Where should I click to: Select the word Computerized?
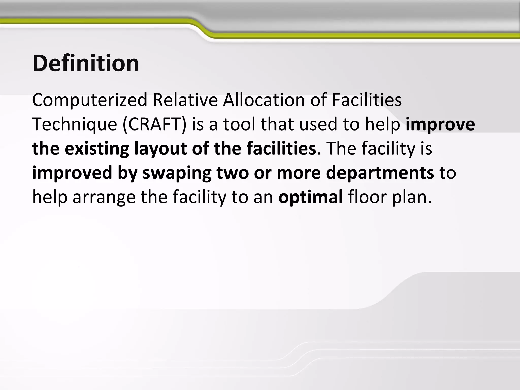click(90, 100)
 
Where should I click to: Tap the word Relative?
click(185, 100)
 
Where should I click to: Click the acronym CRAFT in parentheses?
click(154, 124)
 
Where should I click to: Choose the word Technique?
click(74, 124)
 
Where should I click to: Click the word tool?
click(239, 124)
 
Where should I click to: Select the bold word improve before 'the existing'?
click(440, 124)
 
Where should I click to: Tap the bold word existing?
click(97, 149)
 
